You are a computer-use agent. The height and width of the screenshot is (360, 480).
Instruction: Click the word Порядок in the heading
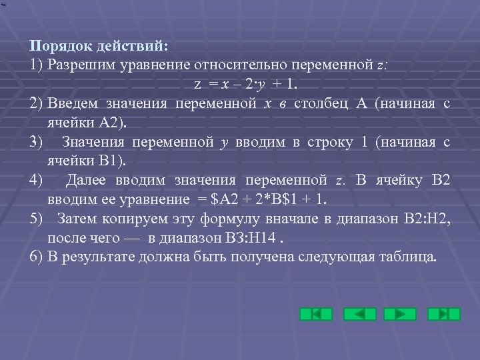click(x=57, y=47)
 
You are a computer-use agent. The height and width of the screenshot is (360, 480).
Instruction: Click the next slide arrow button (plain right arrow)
click(x=400, y=313)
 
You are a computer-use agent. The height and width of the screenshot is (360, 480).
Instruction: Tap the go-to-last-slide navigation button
click(x=443, y=313)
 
